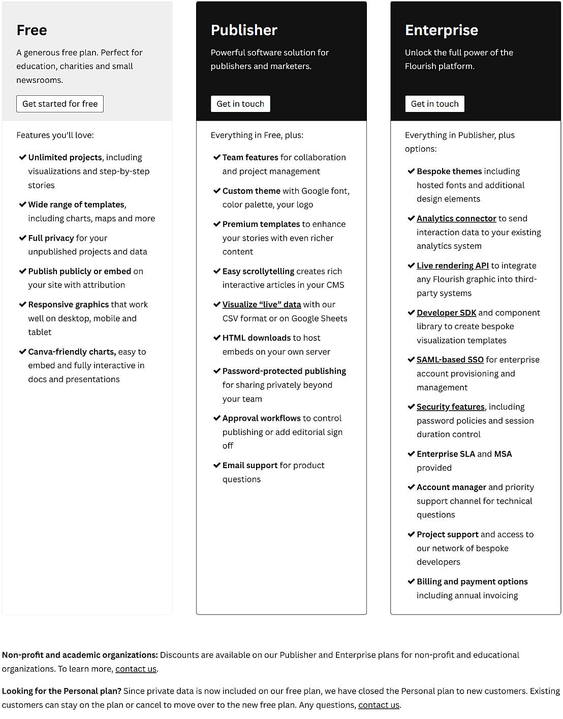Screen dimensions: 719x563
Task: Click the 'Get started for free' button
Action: pyautogui.click(x=60, y=104)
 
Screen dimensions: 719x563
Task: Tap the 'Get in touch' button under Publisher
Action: pyautogui.click(x=240, y=104)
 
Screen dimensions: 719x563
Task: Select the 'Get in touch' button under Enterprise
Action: pyautogui.click(x=434, y=104)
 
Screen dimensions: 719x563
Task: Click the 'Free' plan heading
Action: pyautogui.click(x=32, y=30)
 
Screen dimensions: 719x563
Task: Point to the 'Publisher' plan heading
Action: pyautogui.click(x=244, y=30)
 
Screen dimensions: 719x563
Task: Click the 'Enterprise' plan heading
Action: pyautogui.click(x=441, y=30)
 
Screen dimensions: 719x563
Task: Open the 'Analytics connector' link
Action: pyautogui.click(x=456, y=218)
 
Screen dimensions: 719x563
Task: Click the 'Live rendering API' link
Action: pyautogui.click(x=452, y=266)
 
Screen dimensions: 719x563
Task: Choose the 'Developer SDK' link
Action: pyautogui.click(x=446, y=312)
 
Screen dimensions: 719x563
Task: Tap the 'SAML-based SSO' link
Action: pyautogui.click(x=450, y=360)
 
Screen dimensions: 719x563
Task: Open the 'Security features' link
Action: pyautogui.click(x=450, y=407)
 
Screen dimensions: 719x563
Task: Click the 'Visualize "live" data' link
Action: pyautogui.click(x=262, y=304)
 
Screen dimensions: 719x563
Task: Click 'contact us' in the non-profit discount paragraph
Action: pyautogui.click(x=136, y=669)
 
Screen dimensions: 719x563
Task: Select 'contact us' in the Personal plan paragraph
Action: pyautogui.click(x=379, y=705)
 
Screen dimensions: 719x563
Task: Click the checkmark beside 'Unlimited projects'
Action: pyautogui.click(x=22, y=157)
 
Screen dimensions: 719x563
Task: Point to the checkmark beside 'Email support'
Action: pyautogui.click(x=217, y=465)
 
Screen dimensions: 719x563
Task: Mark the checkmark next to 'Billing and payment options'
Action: pyautogui.click(x=411, y=581)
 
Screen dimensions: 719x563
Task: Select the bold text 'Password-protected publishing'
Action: pyautogui.click(x=284, y=371)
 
